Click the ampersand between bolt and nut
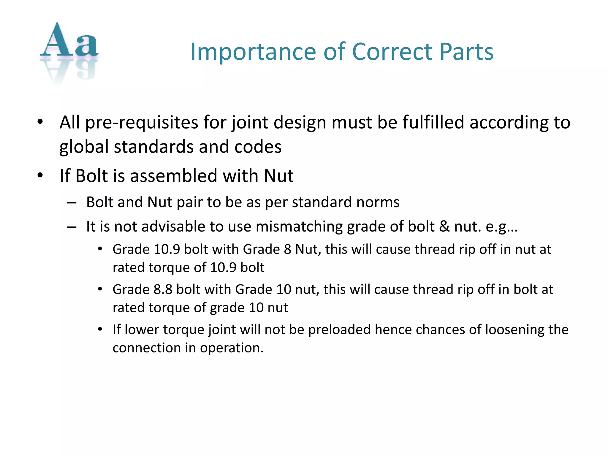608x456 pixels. [x=444, y=227]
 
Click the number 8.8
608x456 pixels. [x=163, y=289]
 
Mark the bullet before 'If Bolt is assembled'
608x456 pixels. [x=40, y=175]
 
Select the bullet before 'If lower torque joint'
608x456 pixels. [x=100, y=329]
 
